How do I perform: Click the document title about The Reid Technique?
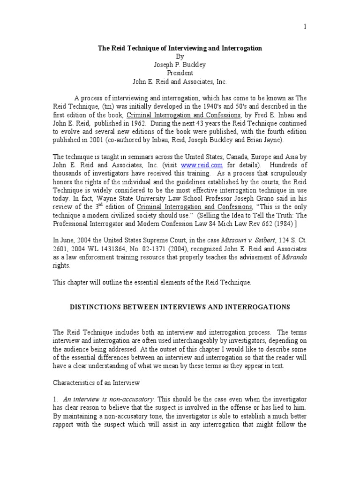tap(180, 48)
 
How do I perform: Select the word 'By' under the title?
tap(180, 56)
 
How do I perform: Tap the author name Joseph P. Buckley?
tap(180, 65)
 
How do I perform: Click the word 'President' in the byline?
tap(180, 73)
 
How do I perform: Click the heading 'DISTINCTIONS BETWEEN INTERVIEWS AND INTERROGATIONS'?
tap(180, 307)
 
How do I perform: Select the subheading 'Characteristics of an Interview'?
tap(96, 383)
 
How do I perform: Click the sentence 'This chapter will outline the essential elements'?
tap(152, 282)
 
